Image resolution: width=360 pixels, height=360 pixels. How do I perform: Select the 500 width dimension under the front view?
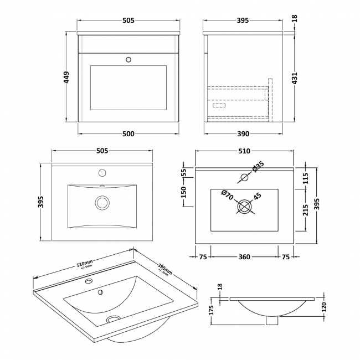(x=128, y=133)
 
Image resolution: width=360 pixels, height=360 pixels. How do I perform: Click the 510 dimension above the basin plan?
(x=244, y=151)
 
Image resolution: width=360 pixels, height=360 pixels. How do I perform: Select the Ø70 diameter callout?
(x=227, y=194)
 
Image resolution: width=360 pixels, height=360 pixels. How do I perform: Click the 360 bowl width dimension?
(x=244, y=256)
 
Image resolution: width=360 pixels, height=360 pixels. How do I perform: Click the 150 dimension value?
(x=184, y=192)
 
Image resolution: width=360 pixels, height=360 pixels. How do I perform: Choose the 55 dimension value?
(x=184, y=172)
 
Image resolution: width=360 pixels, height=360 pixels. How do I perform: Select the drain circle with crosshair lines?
(x=244, y=208)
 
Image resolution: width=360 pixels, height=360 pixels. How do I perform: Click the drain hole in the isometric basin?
(x=113, y=319)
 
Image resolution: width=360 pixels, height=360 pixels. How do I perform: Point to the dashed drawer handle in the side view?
(x=218, y=105)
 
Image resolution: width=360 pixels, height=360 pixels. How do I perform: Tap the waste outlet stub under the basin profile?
(x=271, y=320)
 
